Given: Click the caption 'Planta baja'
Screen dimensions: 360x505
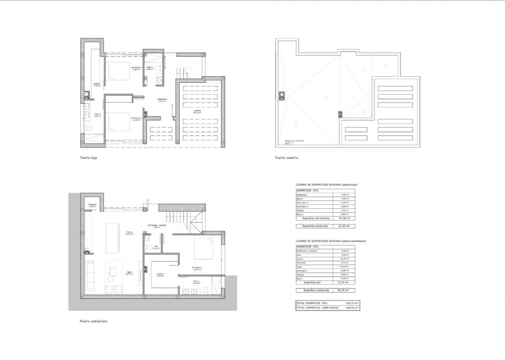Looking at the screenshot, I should pos(88,158).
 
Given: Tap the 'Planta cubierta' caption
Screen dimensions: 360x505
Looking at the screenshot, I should pos(286,158).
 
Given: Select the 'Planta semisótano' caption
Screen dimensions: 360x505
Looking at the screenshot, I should pos(94,321).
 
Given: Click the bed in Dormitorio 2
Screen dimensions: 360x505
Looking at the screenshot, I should pos(118,123).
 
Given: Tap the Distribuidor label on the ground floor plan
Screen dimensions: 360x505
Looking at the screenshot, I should pos(162,100).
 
